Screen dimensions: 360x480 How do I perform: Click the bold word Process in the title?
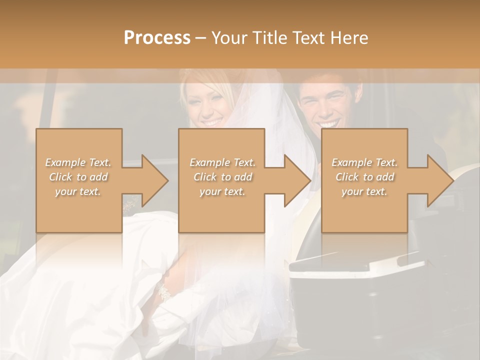157,38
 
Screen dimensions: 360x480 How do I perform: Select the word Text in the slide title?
308,38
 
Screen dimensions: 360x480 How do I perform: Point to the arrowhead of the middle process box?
297,180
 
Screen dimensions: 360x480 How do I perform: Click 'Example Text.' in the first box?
78,162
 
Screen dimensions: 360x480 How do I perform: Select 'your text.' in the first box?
78,191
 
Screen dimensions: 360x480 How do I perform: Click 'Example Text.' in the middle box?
222,162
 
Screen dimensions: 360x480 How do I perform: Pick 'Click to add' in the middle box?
222,177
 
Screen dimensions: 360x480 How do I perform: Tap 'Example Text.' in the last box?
364,162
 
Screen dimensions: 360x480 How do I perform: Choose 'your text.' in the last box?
364,191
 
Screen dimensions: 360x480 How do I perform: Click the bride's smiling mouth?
211,121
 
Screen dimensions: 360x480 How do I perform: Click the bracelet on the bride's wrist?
163,291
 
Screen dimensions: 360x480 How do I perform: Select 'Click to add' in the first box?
78,177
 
